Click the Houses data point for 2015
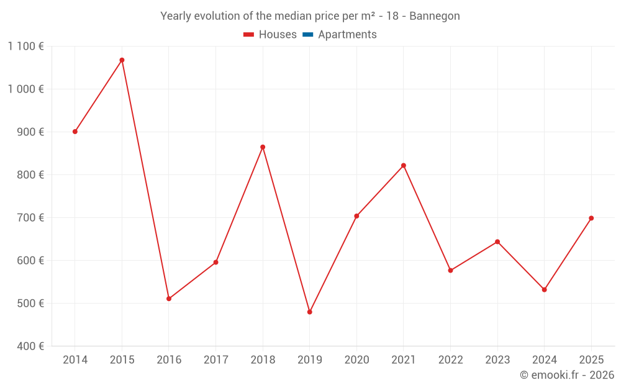pyautogui.click(x=122, y=60)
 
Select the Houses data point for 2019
pyautogui.click(x=309, y=312)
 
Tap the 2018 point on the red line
pyautogui.click(x=263, y=147)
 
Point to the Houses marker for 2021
pyautogui.click(x=403, y=166)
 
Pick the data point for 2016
pyautogui.click(x=169, y=299)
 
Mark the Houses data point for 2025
pyautogui.click(x=591, y=218)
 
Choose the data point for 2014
pyautogui.click(x=75, y=132)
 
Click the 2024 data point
pyautogui.click(x=544, y=289)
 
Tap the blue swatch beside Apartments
pyautogui.click(x=307, y=35)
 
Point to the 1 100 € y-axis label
pyautogui.click(x=25, y=46)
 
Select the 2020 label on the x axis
pyautogui.click(x=356, y=359)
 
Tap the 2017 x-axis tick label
pyautogui.click(x=215, y=359)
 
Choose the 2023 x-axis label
pyautogui.click(x=497, y=359)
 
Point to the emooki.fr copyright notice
pyautogui.click(x=566, y=375)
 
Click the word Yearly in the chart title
pyautogui.click(x=176, y=16)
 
